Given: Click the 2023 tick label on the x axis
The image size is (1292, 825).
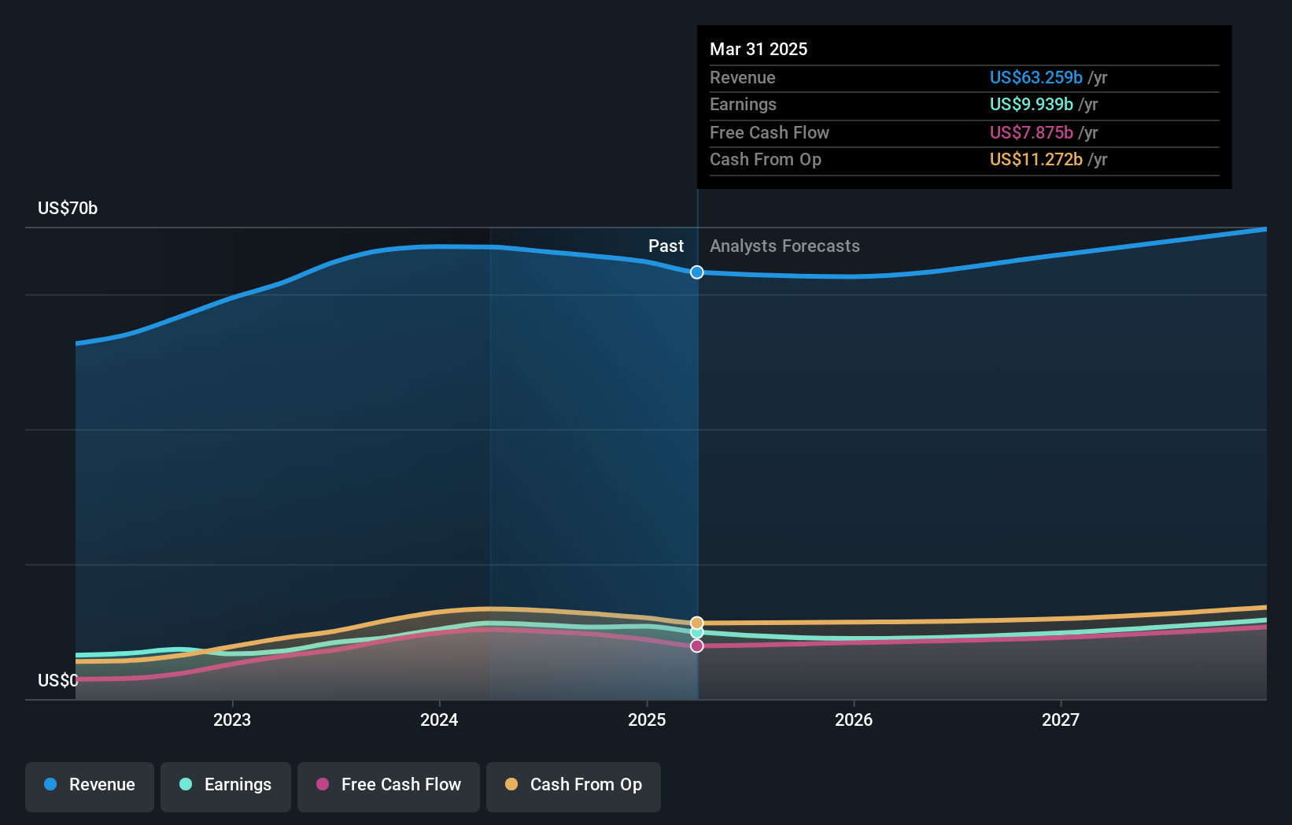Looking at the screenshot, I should tap(232, 720).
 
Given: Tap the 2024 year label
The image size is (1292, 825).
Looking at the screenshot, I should tap(439, 720).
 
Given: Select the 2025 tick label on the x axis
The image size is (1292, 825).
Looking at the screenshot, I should tap(647, 720).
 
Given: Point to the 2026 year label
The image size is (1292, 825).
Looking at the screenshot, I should tap(854, 720).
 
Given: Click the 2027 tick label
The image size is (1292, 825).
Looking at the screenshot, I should tap(1061, 720).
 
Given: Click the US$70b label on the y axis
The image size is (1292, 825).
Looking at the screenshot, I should tap(68, 208).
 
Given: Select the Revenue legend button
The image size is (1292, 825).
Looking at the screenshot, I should tap(90, 785).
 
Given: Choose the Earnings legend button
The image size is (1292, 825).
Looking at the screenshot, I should tap(226, 785).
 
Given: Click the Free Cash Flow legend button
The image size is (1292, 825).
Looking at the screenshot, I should tap(389, 785).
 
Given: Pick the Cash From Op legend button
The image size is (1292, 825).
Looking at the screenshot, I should tap(574, 785).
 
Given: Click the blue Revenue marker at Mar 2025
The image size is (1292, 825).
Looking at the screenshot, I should tap(697, 272).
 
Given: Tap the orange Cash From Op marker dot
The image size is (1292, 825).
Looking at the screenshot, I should tap(697, 623).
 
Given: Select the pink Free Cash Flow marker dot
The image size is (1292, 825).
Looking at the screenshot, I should tap(697, 646).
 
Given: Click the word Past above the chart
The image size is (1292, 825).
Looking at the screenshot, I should tap(666, 246).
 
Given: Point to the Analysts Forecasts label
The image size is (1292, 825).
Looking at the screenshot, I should tap(784, 246).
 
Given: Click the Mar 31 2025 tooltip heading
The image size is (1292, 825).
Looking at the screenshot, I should tap(759, 49).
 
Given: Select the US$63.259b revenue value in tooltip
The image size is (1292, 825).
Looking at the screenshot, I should tap(1035, 77).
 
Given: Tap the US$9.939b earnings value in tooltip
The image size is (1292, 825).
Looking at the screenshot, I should tap(1031, 105).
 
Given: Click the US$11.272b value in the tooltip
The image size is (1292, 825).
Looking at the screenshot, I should tap(1035, 160).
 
